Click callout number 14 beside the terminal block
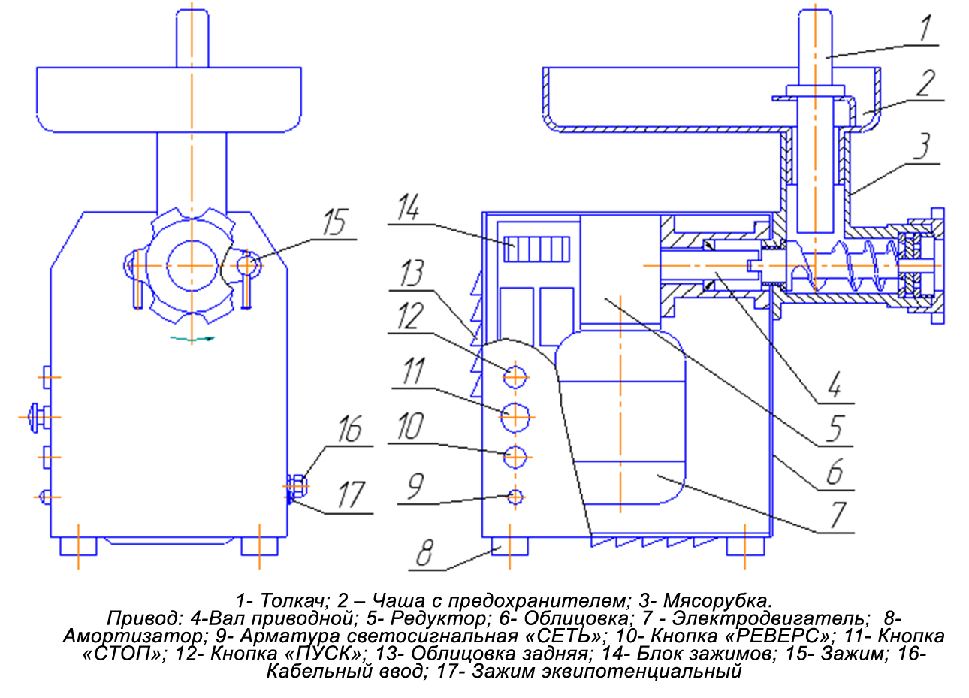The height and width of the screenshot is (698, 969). pos(409,207)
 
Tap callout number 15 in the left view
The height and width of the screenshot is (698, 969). pos(335,222)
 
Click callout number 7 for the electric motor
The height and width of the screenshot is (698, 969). pos(838,515)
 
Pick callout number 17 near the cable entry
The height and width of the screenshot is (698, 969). pos(351,494)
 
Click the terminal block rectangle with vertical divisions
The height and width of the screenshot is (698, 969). pos(537,249)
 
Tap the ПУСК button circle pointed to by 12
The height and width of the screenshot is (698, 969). pos(515,377)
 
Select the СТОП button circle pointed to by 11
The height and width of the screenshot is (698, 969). pos(515,417)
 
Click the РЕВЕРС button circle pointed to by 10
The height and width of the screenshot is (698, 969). pos(515,457)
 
